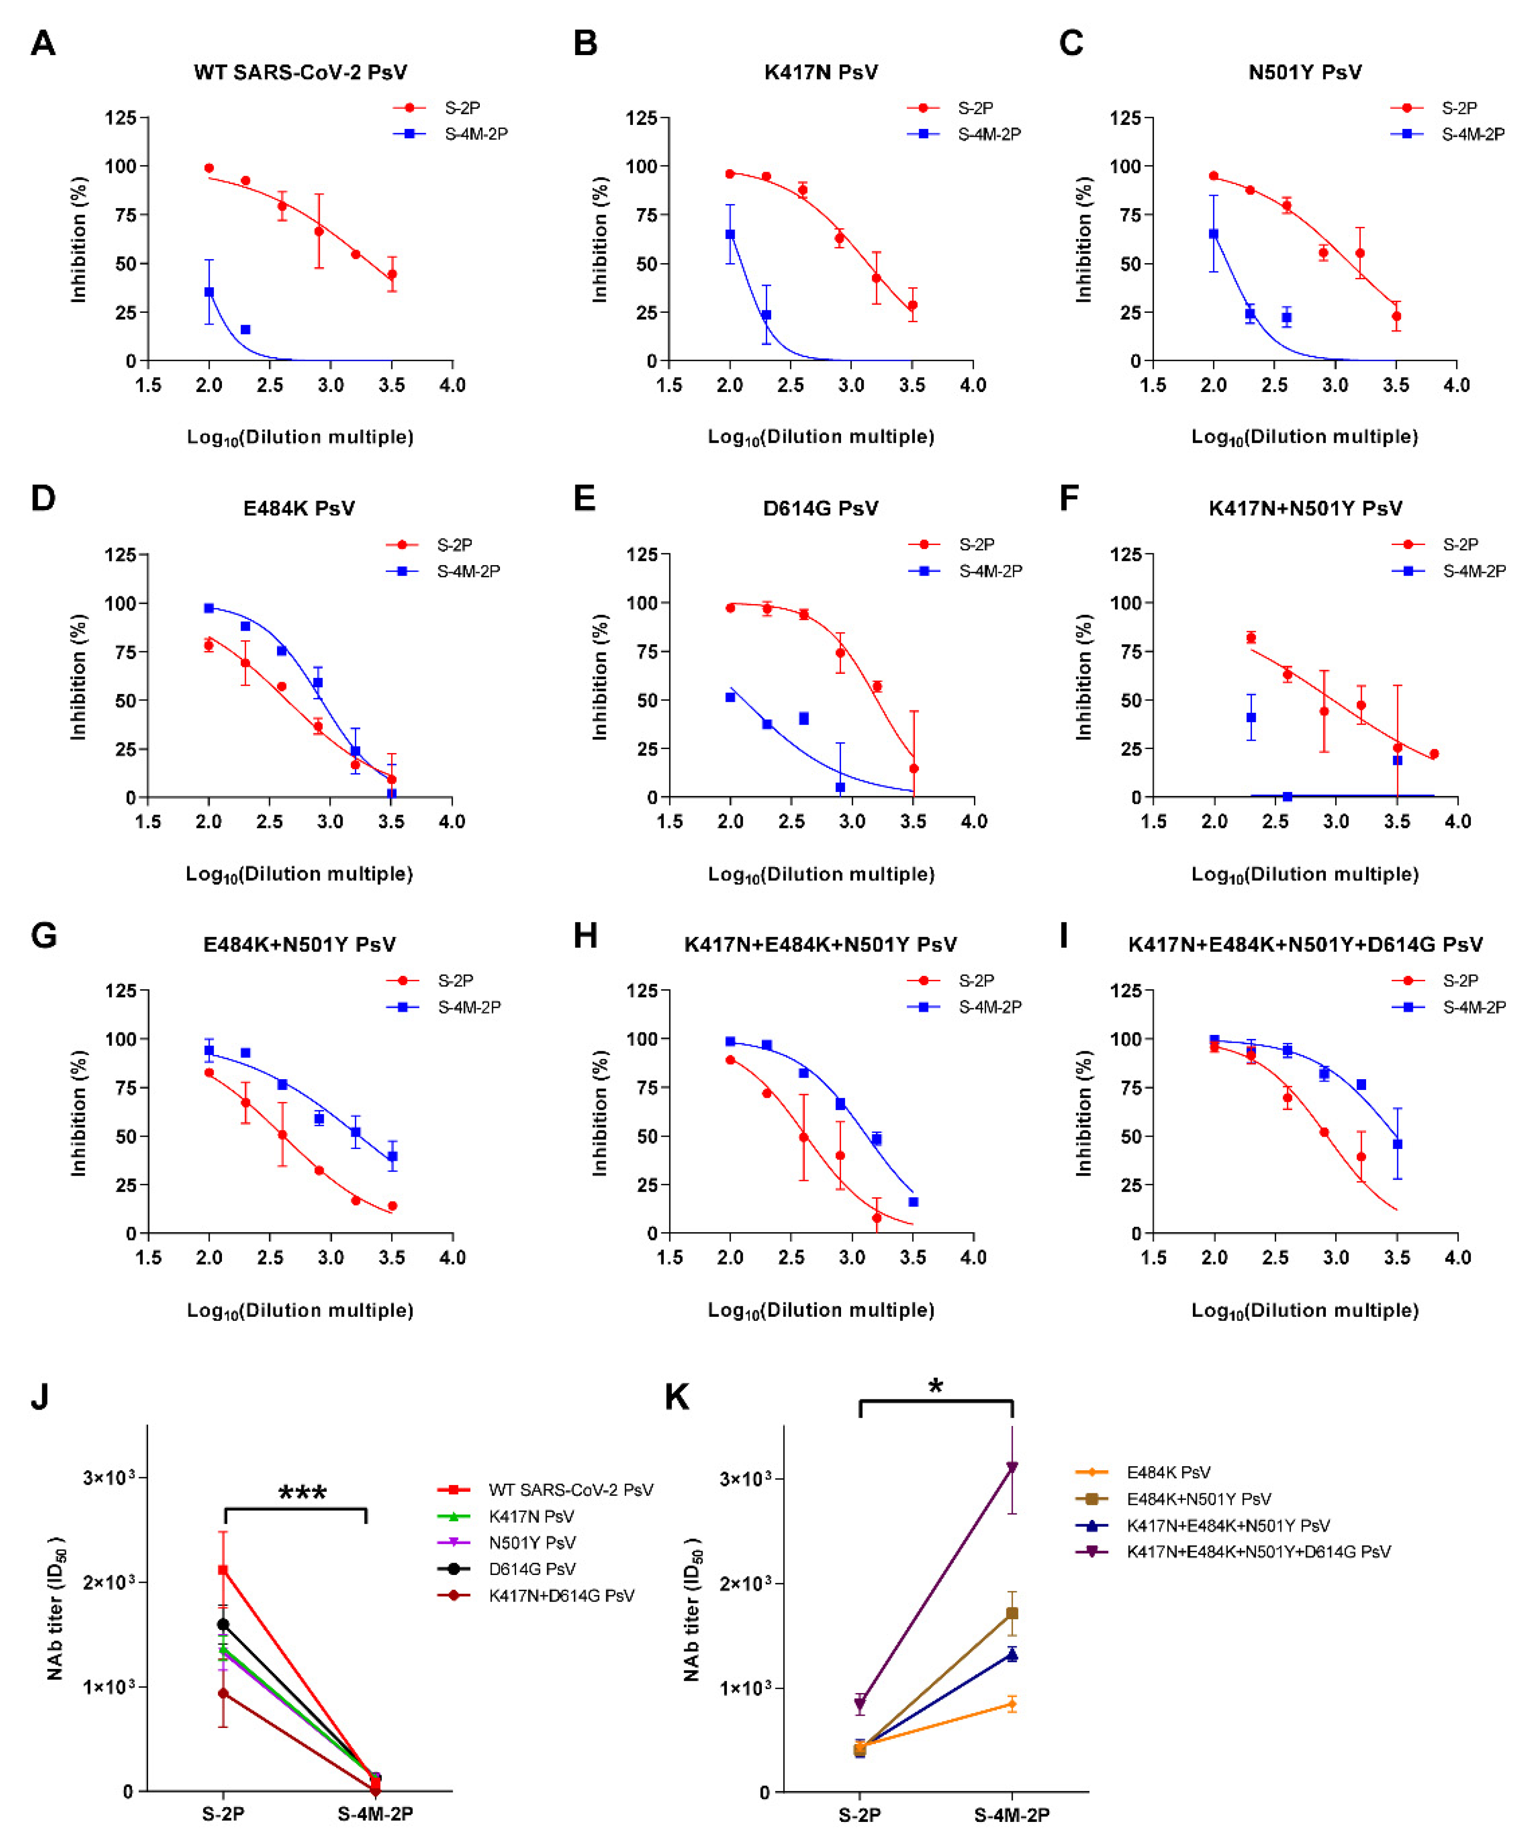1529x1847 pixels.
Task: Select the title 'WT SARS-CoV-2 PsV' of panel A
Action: click(x=300, y=72)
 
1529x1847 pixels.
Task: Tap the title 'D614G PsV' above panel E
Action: click(x=820, y=509)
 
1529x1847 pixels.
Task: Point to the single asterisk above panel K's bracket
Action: click(x=935, y=1387)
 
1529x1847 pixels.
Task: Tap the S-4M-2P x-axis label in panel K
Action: click(x=1012, y=1815)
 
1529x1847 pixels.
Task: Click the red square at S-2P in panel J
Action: click(x=223, y=1570)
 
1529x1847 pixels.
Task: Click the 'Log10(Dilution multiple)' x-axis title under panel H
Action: click(x=821, y=1310)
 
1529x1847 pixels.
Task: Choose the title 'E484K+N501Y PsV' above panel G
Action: click(x=299, y=944)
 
